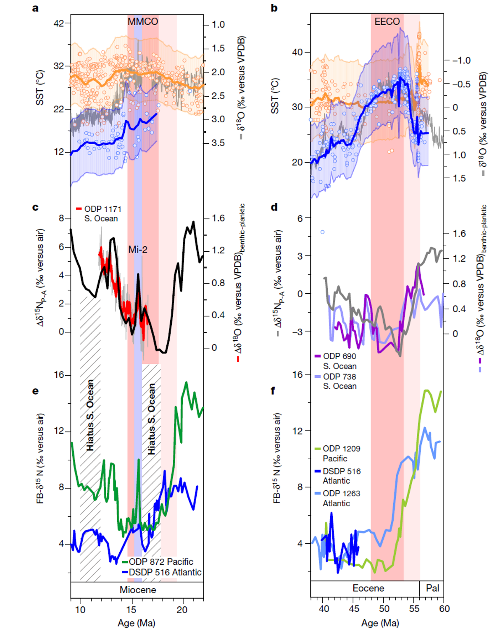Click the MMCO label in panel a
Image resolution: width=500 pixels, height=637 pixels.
coord(143,21)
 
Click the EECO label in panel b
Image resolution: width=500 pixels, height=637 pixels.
coord(387,21)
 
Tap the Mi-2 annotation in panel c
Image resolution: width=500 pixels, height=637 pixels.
coord(138,250)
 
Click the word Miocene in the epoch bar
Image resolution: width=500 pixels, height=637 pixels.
coord(138,590)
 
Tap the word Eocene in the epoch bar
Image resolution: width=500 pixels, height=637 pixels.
coord(368,588)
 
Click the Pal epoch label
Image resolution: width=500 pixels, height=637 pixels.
coord(432,588)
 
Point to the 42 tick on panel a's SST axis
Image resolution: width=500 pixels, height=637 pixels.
coord(59,23)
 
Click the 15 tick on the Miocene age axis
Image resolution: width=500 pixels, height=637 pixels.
coord(132,610)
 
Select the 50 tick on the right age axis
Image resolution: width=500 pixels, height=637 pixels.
coord(384,609)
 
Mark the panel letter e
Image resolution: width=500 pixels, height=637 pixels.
coord(35,391)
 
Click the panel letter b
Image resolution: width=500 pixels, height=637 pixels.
coord(274,8)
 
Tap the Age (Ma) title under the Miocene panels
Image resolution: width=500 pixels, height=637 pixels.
coord(136,623)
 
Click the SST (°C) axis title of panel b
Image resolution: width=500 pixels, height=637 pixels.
coord(275,96)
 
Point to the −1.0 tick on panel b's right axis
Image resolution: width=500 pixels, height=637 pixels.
coord(461,61)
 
